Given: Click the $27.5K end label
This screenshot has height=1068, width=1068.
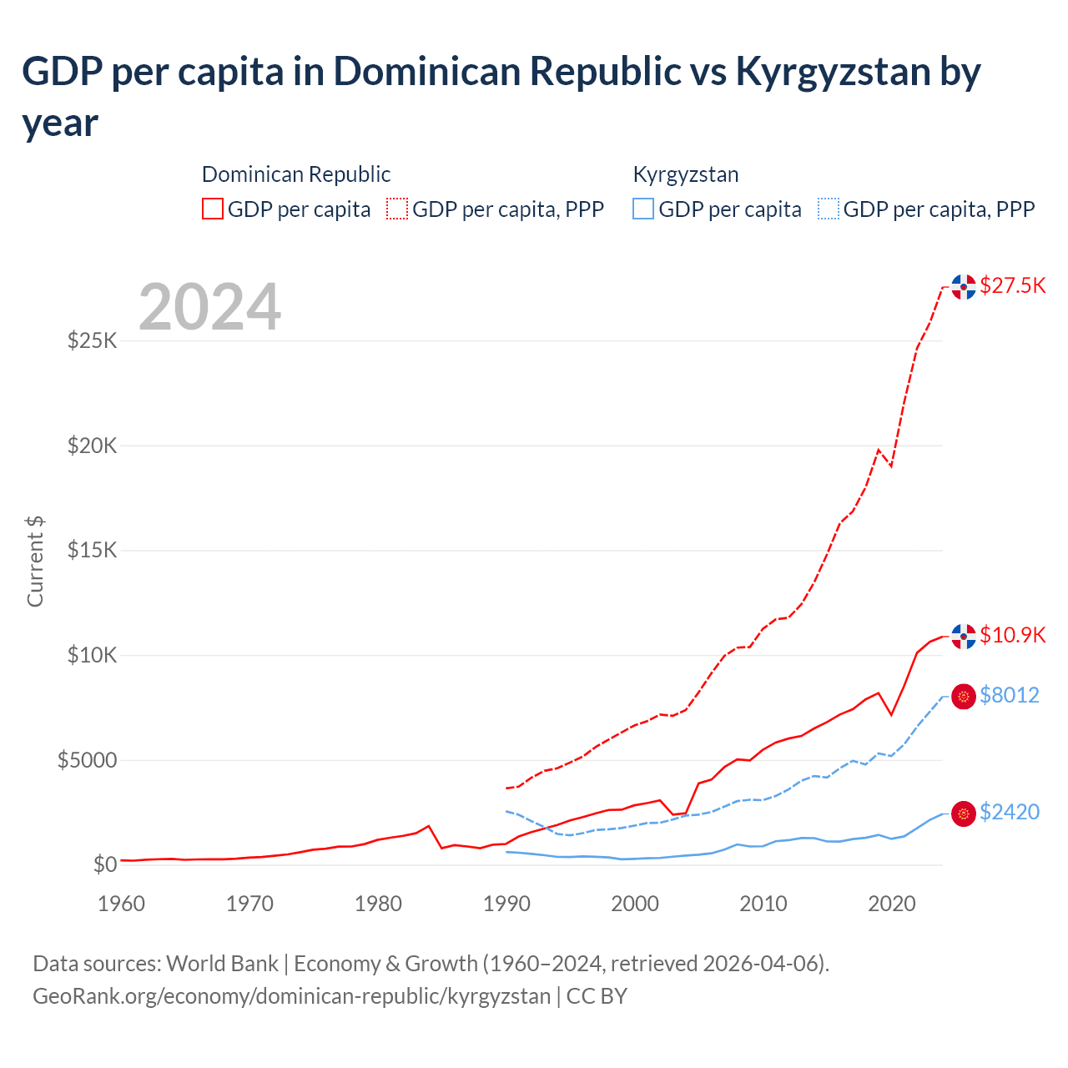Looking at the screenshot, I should [x=1012, y=286].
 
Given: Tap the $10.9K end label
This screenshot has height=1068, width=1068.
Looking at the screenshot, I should [x=1012, y=636].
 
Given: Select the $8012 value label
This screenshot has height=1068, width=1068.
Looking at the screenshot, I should [x=1009, y=696].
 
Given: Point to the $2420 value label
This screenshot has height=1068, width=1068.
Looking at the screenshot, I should [x=1009, y=813].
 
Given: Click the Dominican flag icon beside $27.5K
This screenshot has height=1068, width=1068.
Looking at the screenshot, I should [x=964, y=287].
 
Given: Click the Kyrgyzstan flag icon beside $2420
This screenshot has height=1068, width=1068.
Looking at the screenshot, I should [x=964, y=814].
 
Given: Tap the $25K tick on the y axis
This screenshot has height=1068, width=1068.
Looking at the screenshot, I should [x=93, y=341].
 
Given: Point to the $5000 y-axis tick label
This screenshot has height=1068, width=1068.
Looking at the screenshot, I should [x=87, y=761].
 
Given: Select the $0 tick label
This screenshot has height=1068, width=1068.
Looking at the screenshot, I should [x=104, y=865].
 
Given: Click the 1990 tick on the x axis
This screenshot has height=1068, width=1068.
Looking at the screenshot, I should [x=506, y=904].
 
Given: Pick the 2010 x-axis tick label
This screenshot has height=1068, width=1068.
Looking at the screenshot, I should [x=763, y=904].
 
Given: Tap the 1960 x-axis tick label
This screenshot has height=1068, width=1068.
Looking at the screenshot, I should [x=122, y=904].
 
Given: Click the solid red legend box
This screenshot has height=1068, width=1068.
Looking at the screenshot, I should [x=213, y=209].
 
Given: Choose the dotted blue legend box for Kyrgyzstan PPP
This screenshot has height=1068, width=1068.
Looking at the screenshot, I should [x=829, y=209].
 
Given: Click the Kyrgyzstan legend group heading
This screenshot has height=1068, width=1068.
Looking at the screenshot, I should [x=686, y=175].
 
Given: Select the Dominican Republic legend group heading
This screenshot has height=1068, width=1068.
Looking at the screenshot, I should [x=296, y=175].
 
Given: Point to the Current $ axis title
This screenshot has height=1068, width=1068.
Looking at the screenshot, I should [x=35, y=562].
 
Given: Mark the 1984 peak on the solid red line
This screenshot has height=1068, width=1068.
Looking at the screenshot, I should [x=429, y=826].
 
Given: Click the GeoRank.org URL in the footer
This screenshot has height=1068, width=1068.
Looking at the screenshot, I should [x=291, y=997].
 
